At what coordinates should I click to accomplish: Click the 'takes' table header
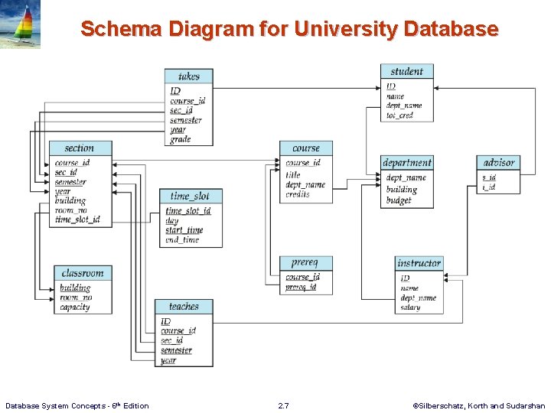coord(188,76)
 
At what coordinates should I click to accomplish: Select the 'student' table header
coord(406,71)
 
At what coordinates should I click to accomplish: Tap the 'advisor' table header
coord(498,162)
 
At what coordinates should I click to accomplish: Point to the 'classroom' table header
coord(83,273)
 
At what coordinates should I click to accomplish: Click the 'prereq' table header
coord(306,263)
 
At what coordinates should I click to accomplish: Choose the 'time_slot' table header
coord(191,196)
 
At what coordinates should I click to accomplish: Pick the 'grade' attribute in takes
coord(181,139)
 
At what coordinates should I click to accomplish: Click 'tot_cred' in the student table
coord(399,115)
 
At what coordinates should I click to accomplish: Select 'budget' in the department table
coord(399,200)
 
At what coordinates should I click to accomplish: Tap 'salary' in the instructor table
coord(410,307)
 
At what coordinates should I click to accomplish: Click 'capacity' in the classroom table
coord(75,307)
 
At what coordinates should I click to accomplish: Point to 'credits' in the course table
coord(298,195)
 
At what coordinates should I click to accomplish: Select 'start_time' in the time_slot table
coord(184,230)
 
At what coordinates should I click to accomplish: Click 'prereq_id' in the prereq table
coord(301,288)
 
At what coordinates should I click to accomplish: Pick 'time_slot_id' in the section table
coord(77,220)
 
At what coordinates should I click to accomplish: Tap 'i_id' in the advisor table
coord(488,187)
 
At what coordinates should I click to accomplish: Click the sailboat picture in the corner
coord(21,24)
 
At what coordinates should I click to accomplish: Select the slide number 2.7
coord(283,405)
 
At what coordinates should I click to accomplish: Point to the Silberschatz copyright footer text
coord(478,405)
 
